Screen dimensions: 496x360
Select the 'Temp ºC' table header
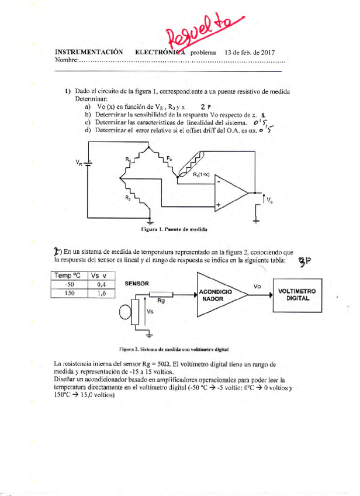[70, 275]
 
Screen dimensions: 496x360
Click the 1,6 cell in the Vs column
[100, 294]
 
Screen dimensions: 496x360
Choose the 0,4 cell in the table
[100, 285]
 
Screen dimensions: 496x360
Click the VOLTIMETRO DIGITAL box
[297, 294]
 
